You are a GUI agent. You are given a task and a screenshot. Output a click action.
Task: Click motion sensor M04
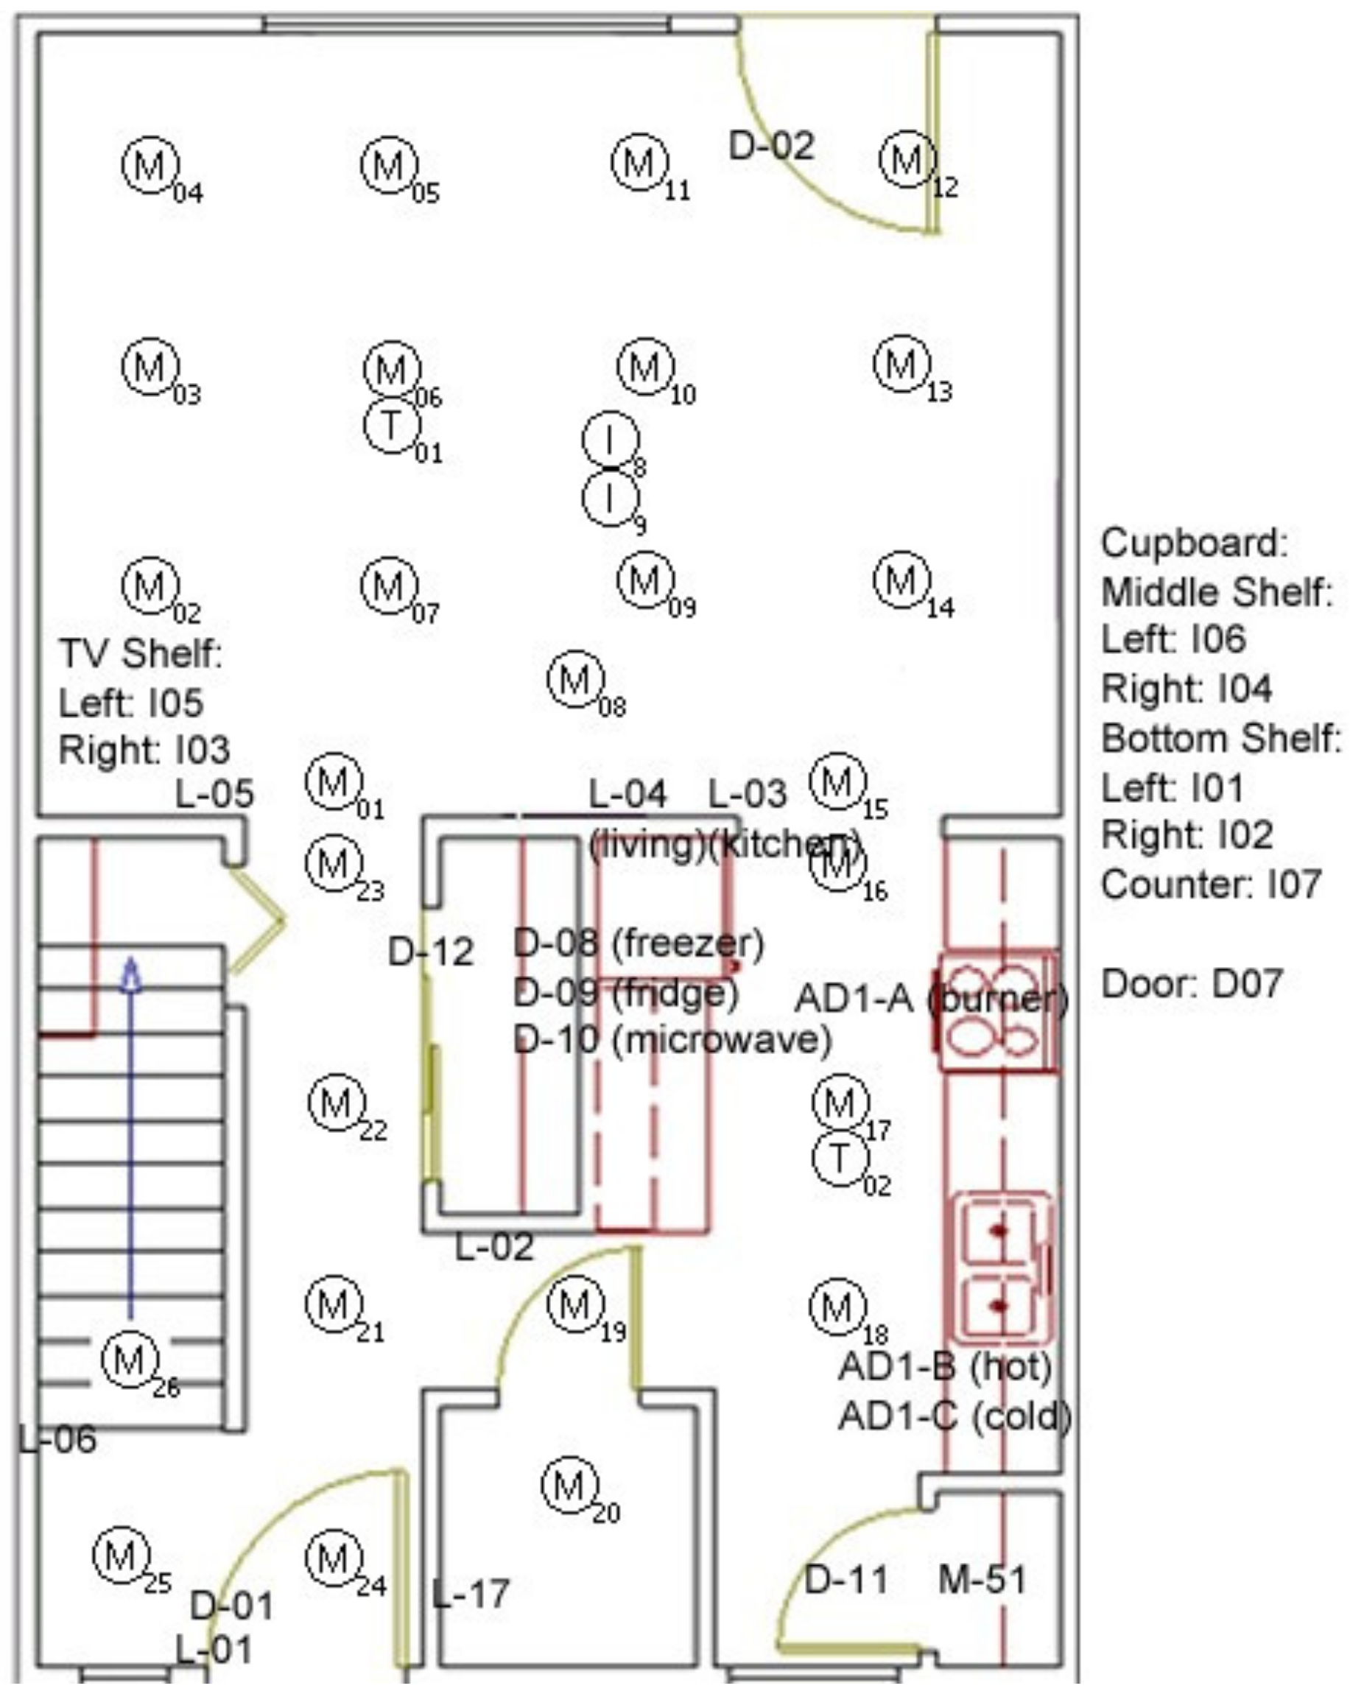point(150,165)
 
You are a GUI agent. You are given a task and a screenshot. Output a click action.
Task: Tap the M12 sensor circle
point(907,161)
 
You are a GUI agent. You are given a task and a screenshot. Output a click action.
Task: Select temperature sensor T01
point(391,425)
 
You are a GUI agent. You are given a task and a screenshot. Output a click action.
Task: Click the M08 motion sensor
point(576,679)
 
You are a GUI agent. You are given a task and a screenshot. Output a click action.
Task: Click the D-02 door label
point(771,146)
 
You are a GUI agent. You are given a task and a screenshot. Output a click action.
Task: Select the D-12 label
point(431,952)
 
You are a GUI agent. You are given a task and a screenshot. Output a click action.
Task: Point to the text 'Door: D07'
point(1191,984)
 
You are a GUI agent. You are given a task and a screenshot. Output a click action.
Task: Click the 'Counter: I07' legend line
point(1210,885)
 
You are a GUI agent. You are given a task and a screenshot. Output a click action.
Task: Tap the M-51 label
point(982,1579)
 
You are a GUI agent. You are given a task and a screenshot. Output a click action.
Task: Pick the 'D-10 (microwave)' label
point(672,1039)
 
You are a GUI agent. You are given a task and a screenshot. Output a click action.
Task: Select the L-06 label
point(57,1440)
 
